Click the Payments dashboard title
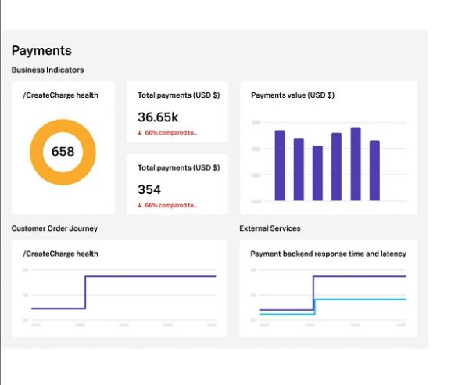(x=41, y=51)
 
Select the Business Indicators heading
(x=48, y=70)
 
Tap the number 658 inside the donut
(x=63, y=151)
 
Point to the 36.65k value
(x=158, y=117)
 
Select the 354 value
(x=149, y=189)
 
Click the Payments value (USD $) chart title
(x=292, y=95)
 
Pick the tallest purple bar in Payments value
(x=356, y=164)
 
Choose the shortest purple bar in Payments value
(x=317, y=173)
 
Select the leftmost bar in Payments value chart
(x=280, y=166)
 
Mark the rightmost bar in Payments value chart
(x=374, y=171)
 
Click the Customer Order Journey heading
(x=55, y=228)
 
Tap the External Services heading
(x=270, y=228)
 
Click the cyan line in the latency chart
(x=360, y=300)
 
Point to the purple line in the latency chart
(x=360, y=276)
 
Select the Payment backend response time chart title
(x=328, y=254)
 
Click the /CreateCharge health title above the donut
(x=61, y=95)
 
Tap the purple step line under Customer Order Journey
(x=149, y=276)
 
